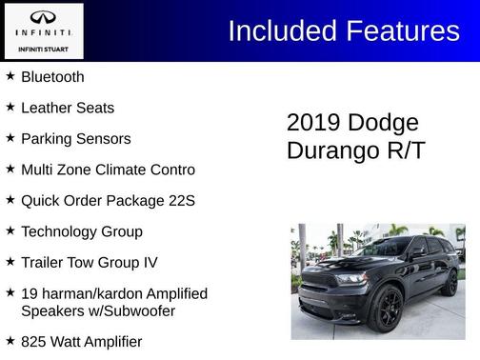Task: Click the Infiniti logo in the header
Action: tap(43, 19)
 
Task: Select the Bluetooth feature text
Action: tap(52, 77)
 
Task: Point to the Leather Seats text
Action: tap(67, 108)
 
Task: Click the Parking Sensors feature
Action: tap(75, 139)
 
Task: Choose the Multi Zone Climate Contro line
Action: tap(108, 170)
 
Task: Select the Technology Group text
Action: tap(81, 231)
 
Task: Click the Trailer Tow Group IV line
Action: tap(89, 262)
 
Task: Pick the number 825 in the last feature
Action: tap(34, 341)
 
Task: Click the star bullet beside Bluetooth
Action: tap(10, 76)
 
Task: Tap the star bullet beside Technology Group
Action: tap(10, 230)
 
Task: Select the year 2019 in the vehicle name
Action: tap(313, 123)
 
